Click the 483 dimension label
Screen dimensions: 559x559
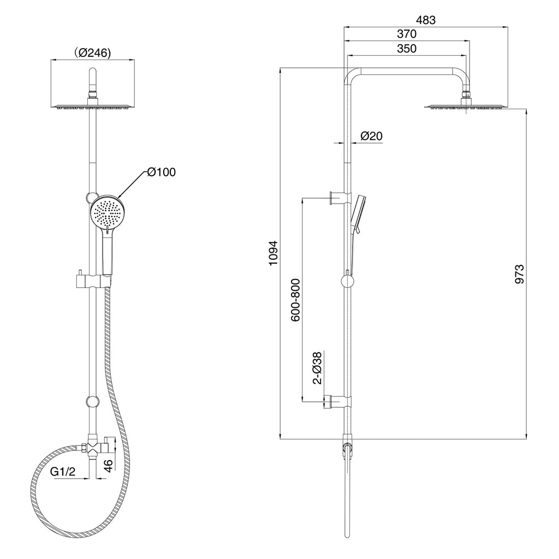click(x=426, y=20)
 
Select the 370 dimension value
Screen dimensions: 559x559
click(x=407, y=34)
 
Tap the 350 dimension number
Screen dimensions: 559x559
click(x=407, y=49)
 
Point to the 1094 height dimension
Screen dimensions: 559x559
click(x=273, y=253)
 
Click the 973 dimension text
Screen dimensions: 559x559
click(x=520, y=274)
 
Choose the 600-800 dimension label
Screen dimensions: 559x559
click(x=295, y=300)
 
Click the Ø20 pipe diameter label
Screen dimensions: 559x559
click(x=371, y=136)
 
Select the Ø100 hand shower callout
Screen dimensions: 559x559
click(x=162, y=172)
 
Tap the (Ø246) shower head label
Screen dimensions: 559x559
click(x=93, y=53)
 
